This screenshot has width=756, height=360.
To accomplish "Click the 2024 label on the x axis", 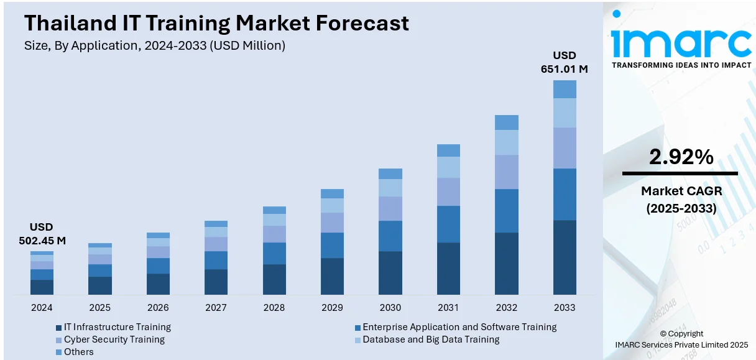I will click(42, 307).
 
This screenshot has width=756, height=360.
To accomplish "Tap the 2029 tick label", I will click(332, 307).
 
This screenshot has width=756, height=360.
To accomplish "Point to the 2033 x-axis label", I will click(565, 307).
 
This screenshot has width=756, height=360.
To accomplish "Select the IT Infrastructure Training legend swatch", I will click(58, 327).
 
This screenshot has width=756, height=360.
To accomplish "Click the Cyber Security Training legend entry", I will click(114, 339).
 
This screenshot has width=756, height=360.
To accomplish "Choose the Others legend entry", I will click(78, 352).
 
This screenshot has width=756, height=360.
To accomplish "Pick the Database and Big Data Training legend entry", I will click(431, 339).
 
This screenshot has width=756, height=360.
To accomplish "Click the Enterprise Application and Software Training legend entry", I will click(459, 327).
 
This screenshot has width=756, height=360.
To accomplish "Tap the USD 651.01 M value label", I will click(565, 62).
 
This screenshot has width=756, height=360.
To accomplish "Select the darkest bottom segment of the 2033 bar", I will click(565, 257).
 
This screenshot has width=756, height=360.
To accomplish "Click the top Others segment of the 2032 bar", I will click(507, 122).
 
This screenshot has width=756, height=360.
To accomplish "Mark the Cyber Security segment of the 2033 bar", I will click(565, 148).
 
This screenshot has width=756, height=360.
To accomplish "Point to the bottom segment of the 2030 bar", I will click(390, 272).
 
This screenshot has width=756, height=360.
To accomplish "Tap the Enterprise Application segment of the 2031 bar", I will click(448, 224).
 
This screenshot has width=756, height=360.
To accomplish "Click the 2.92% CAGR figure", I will click(681, 157).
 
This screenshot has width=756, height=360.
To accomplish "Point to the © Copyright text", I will click(681, 334).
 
